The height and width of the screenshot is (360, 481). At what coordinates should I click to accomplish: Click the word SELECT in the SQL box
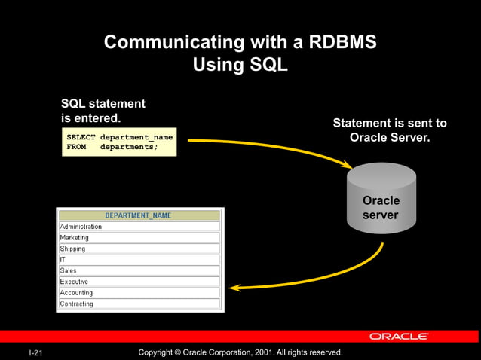point(81,137)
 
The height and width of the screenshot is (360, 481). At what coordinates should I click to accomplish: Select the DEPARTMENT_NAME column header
point(138,215)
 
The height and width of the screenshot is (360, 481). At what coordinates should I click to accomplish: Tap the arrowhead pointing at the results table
point(234,287)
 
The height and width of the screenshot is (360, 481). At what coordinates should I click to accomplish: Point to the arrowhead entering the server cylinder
point(347,164)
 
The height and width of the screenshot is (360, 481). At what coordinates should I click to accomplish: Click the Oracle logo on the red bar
point(399,337)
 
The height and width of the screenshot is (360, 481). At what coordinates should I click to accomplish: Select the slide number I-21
point(35,352)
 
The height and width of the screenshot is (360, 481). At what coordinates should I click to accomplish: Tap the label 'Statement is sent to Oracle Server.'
point(390,130)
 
